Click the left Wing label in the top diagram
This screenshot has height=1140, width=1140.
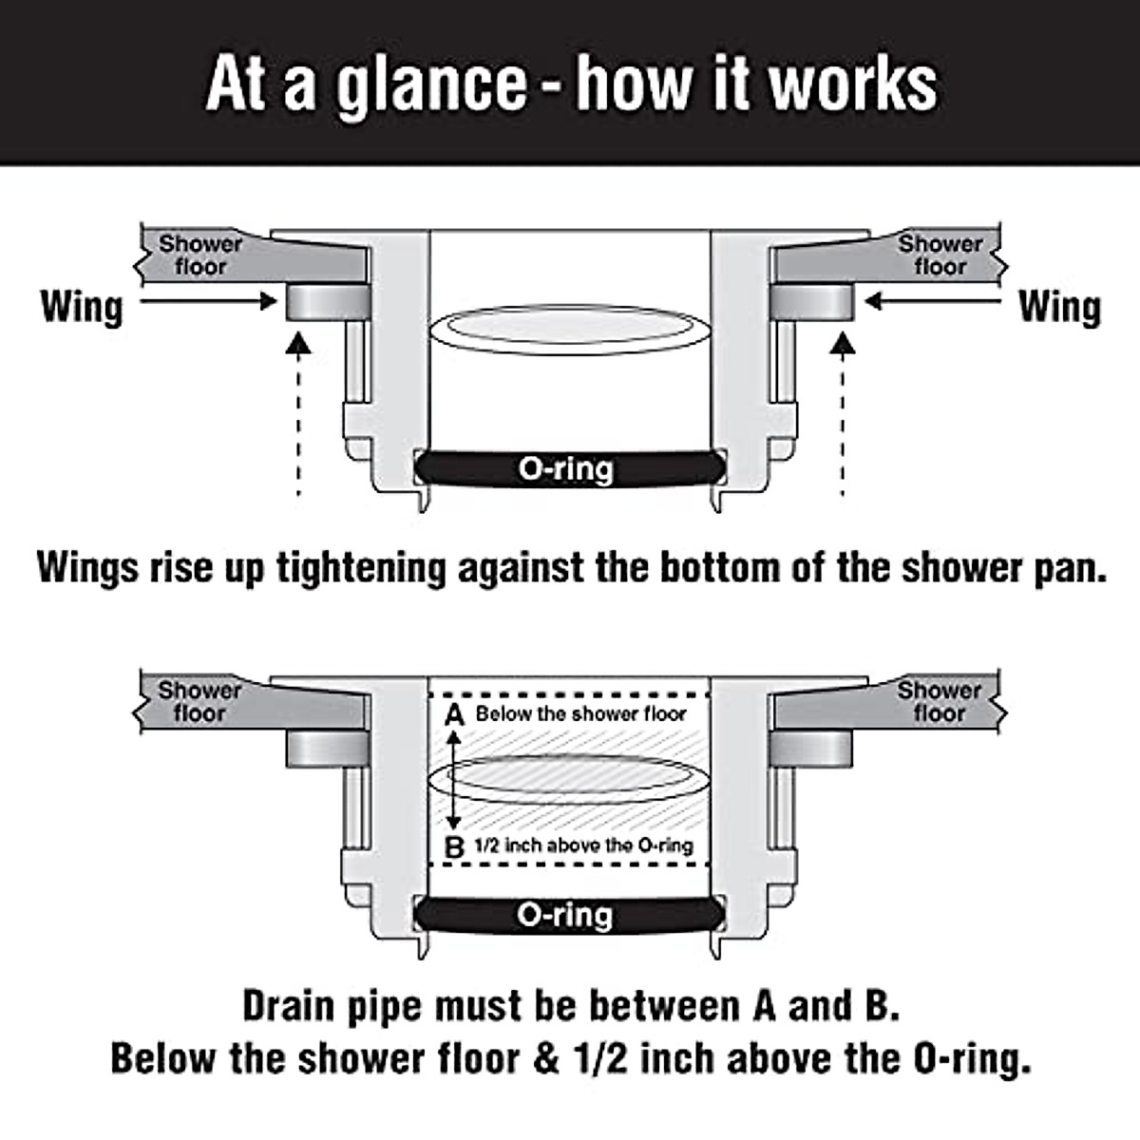pos(82,307)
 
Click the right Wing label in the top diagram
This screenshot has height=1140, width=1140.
pos(1059,307)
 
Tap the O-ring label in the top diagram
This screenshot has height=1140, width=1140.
pos(566,468)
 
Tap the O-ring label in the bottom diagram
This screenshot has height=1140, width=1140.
pos(566,915)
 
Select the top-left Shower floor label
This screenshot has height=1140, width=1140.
pos(200,256)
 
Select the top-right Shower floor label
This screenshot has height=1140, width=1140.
pos(940,256)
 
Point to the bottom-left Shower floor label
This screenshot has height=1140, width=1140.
pos(199,702)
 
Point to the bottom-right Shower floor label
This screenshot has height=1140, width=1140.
pos(940,702)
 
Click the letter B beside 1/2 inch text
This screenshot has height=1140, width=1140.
pos(455,846)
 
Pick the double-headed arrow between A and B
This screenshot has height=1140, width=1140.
pos(455,780)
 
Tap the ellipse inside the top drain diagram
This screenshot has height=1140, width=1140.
pos(567,329)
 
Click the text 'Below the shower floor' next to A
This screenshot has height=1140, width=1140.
pos(580,714)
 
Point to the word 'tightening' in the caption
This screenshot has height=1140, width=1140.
pos(360,569)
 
